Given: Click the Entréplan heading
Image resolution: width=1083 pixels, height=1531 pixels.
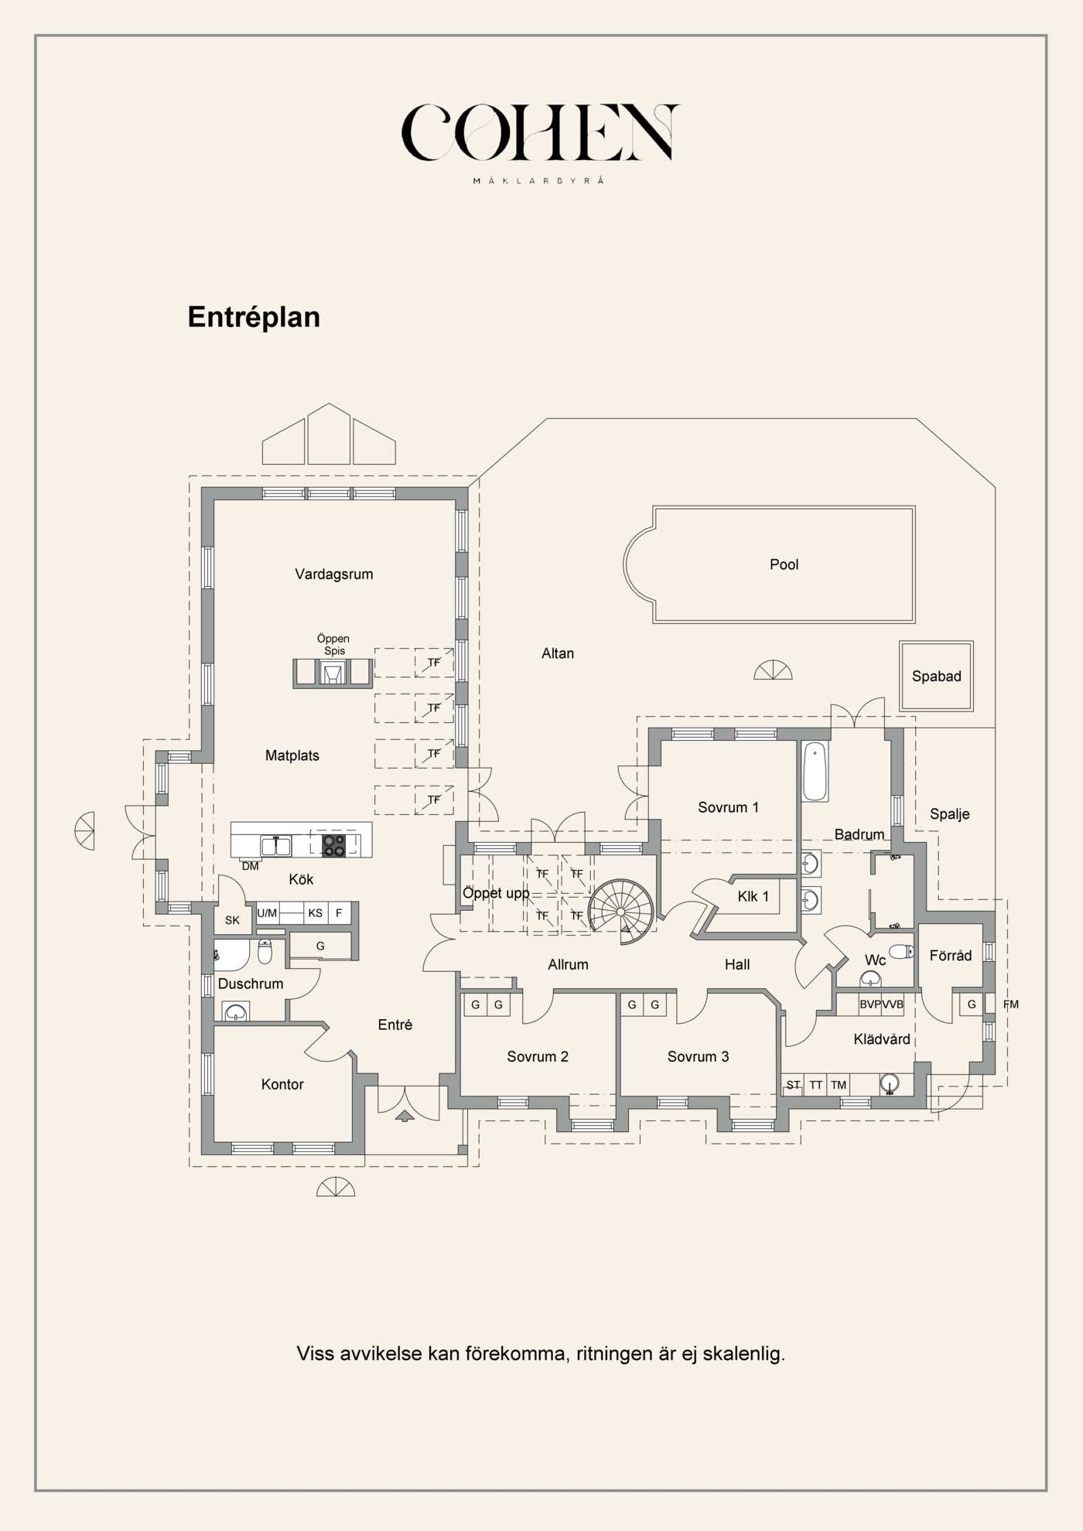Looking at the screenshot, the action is pyautogui.click(x=254, y=318).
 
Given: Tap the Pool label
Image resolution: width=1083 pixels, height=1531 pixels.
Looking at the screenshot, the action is pyautogui.click(x=784, y=564).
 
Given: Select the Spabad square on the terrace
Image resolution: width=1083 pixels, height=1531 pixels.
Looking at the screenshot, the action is pyautogui.click(x=936, y=676).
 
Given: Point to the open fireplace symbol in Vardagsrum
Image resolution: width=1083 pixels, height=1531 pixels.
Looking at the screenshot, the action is pyautogui.click(x=333, y=673).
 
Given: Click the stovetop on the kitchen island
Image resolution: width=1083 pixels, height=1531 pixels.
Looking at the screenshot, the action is pyautogui.click(x=334, y=845).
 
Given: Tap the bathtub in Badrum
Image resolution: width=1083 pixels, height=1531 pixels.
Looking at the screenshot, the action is pyautogui.click(x=815, y=772).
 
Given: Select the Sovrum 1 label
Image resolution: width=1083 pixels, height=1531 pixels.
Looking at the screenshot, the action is pyautogui.click(x=728, y=807).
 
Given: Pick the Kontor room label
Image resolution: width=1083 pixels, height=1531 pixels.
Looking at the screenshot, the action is pyautogui.click(x=282, y=1084).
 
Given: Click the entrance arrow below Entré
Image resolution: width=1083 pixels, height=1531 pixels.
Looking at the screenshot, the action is pyautogui.click(x=405, y=1115).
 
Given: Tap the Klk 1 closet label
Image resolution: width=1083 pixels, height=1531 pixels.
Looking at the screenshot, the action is pyautogui.click(x=753, y=896).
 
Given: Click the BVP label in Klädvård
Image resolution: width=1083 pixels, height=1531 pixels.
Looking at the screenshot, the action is pyautogui.click(x=870, y=1004).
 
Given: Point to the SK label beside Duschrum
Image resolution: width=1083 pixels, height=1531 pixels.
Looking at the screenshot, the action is pyautogui.click(x=232, y=920).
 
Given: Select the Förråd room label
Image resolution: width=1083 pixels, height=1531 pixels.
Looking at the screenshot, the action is pyautogui.click(x=951, y=956).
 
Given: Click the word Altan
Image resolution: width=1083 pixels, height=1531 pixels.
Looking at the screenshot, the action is pyautogui.click(x=558, y=653).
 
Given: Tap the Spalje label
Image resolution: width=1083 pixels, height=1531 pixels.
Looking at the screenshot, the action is pyautogui.click(x=949, y=814).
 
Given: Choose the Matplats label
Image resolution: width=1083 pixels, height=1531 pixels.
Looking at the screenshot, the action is pyautogui.click(x=292, y=755).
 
